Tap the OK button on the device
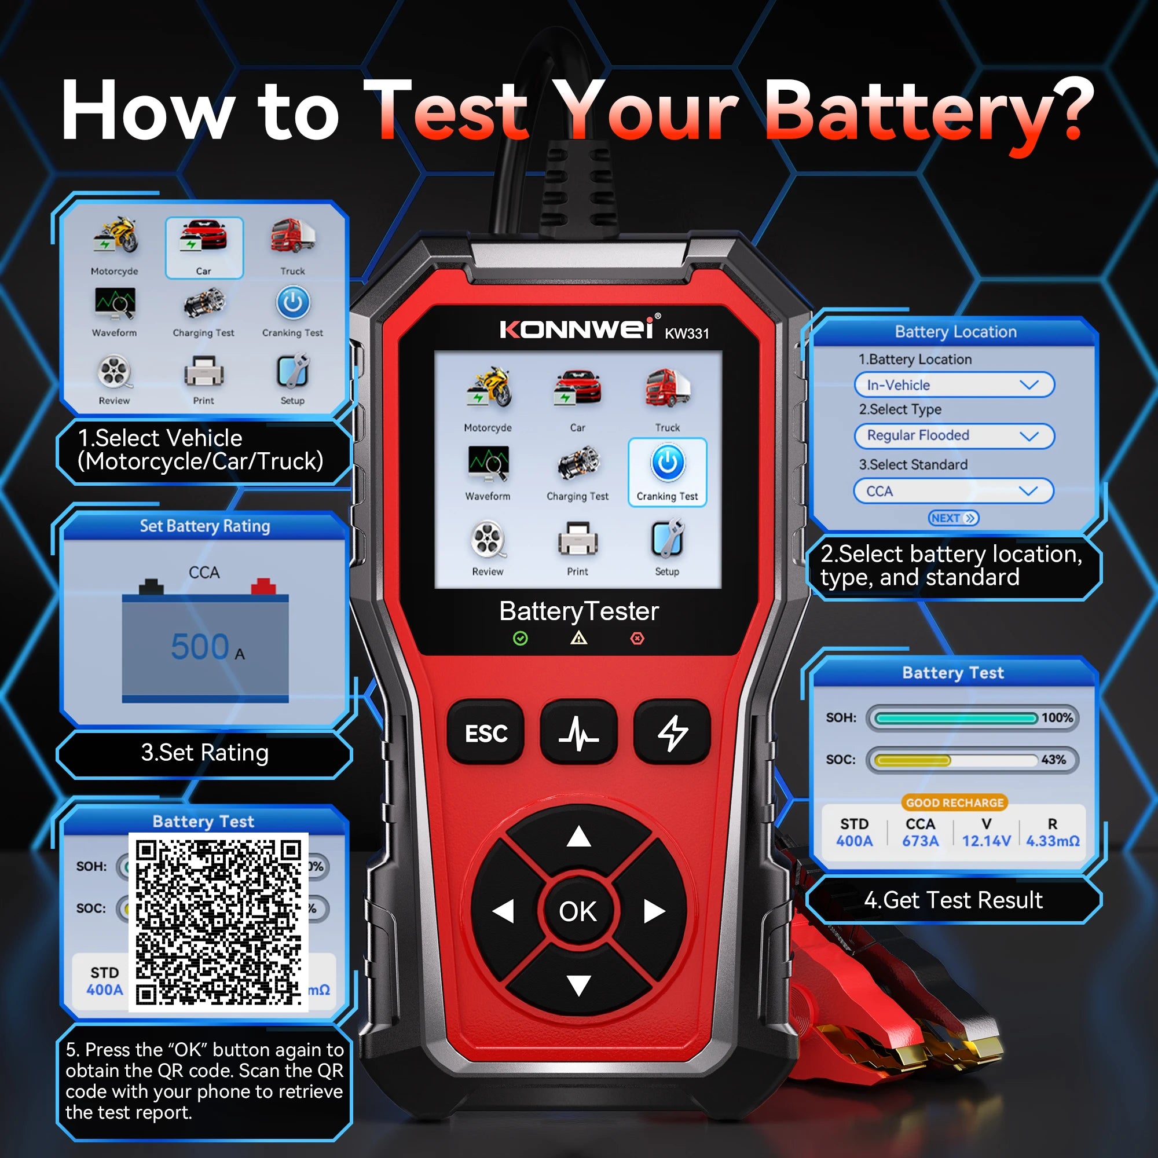(578, 911)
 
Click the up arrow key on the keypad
(578, 837)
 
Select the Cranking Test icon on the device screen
(667, 471)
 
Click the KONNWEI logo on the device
(577, 329)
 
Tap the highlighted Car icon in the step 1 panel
(204, 247)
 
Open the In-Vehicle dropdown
(953, 385)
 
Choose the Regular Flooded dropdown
(953, 436)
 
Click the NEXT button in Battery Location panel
(953, 518)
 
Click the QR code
(218, 922)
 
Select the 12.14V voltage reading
(986, 841)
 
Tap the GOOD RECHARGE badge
(954, 802)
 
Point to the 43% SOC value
(1053, 760)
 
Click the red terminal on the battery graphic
(262, 585)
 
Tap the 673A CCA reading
(920, 841)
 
